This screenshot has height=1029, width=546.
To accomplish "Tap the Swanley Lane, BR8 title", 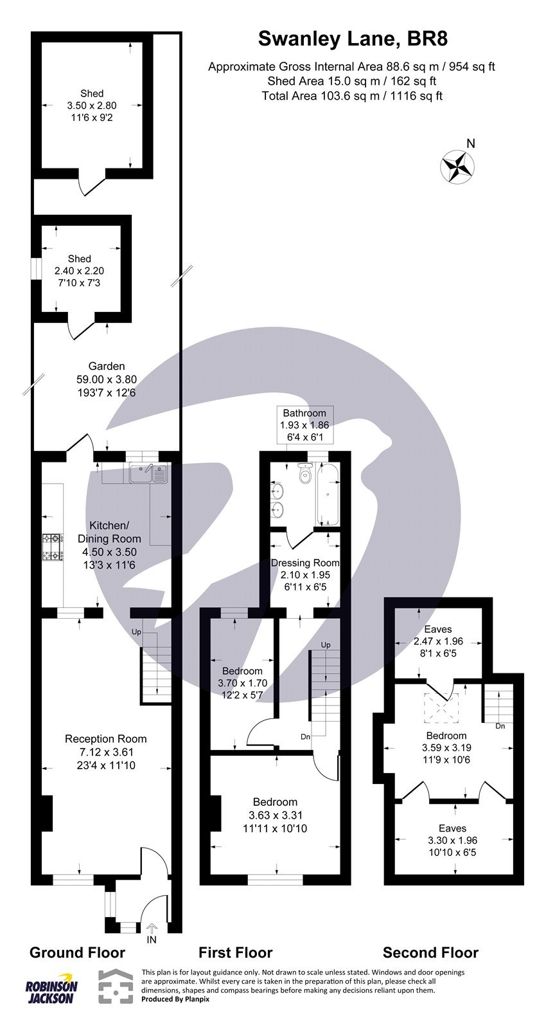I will coord(352,39).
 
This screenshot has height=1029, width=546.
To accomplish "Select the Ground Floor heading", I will coord(78,952).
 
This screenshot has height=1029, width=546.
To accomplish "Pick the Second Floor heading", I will coord(430,952).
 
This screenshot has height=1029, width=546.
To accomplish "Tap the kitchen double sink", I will coord(148,474).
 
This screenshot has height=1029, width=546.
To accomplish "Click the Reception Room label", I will coord(106,739).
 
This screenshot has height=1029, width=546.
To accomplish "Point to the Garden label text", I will coord(107,367).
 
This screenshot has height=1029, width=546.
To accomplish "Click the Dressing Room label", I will coord(305,563).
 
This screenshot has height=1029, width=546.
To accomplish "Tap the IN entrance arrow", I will coord(152,929).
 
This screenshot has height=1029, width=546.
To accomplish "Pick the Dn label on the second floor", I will coord(500,726).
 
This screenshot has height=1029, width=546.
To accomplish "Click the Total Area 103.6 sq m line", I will coord(352,96).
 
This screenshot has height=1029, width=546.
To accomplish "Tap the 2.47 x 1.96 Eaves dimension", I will coord(439,641).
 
